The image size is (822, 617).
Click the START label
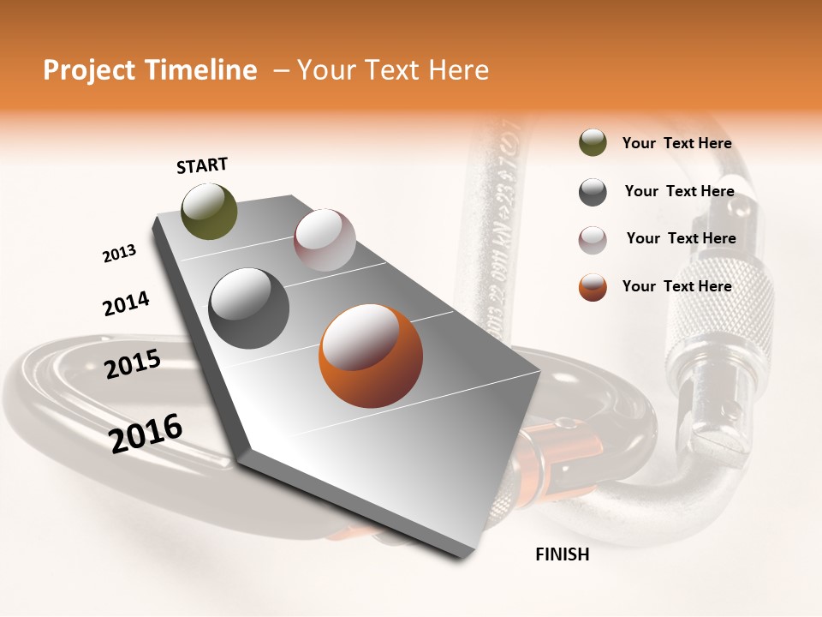[202, 165]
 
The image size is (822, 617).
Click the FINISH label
[562, 554]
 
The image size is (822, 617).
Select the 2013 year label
[119, 253]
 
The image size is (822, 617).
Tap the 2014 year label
[126, 303]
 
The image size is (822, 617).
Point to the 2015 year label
[132, 364]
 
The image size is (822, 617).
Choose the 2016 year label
[146, 433]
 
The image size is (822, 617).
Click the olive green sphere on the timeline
[209, 211]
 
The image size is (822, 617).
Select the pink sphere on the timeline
[325, 240]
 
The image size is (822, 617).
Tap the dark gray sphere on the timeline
[248, 308]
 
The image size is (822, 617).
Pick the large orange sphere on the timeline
[370, 355]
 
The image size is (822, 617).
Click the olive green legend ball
[593, 143]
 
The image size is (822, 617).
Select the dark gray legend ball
[593, 192]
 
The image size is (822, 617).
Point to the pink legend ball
[593, 239]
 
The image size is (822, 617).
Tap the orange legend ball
[593, 287]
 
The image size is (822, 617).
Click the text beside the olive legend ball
[676, 143]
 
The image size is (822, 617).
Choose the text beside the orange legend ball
[676, 286]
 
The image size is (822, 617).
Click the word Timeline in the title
[203, 70]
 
